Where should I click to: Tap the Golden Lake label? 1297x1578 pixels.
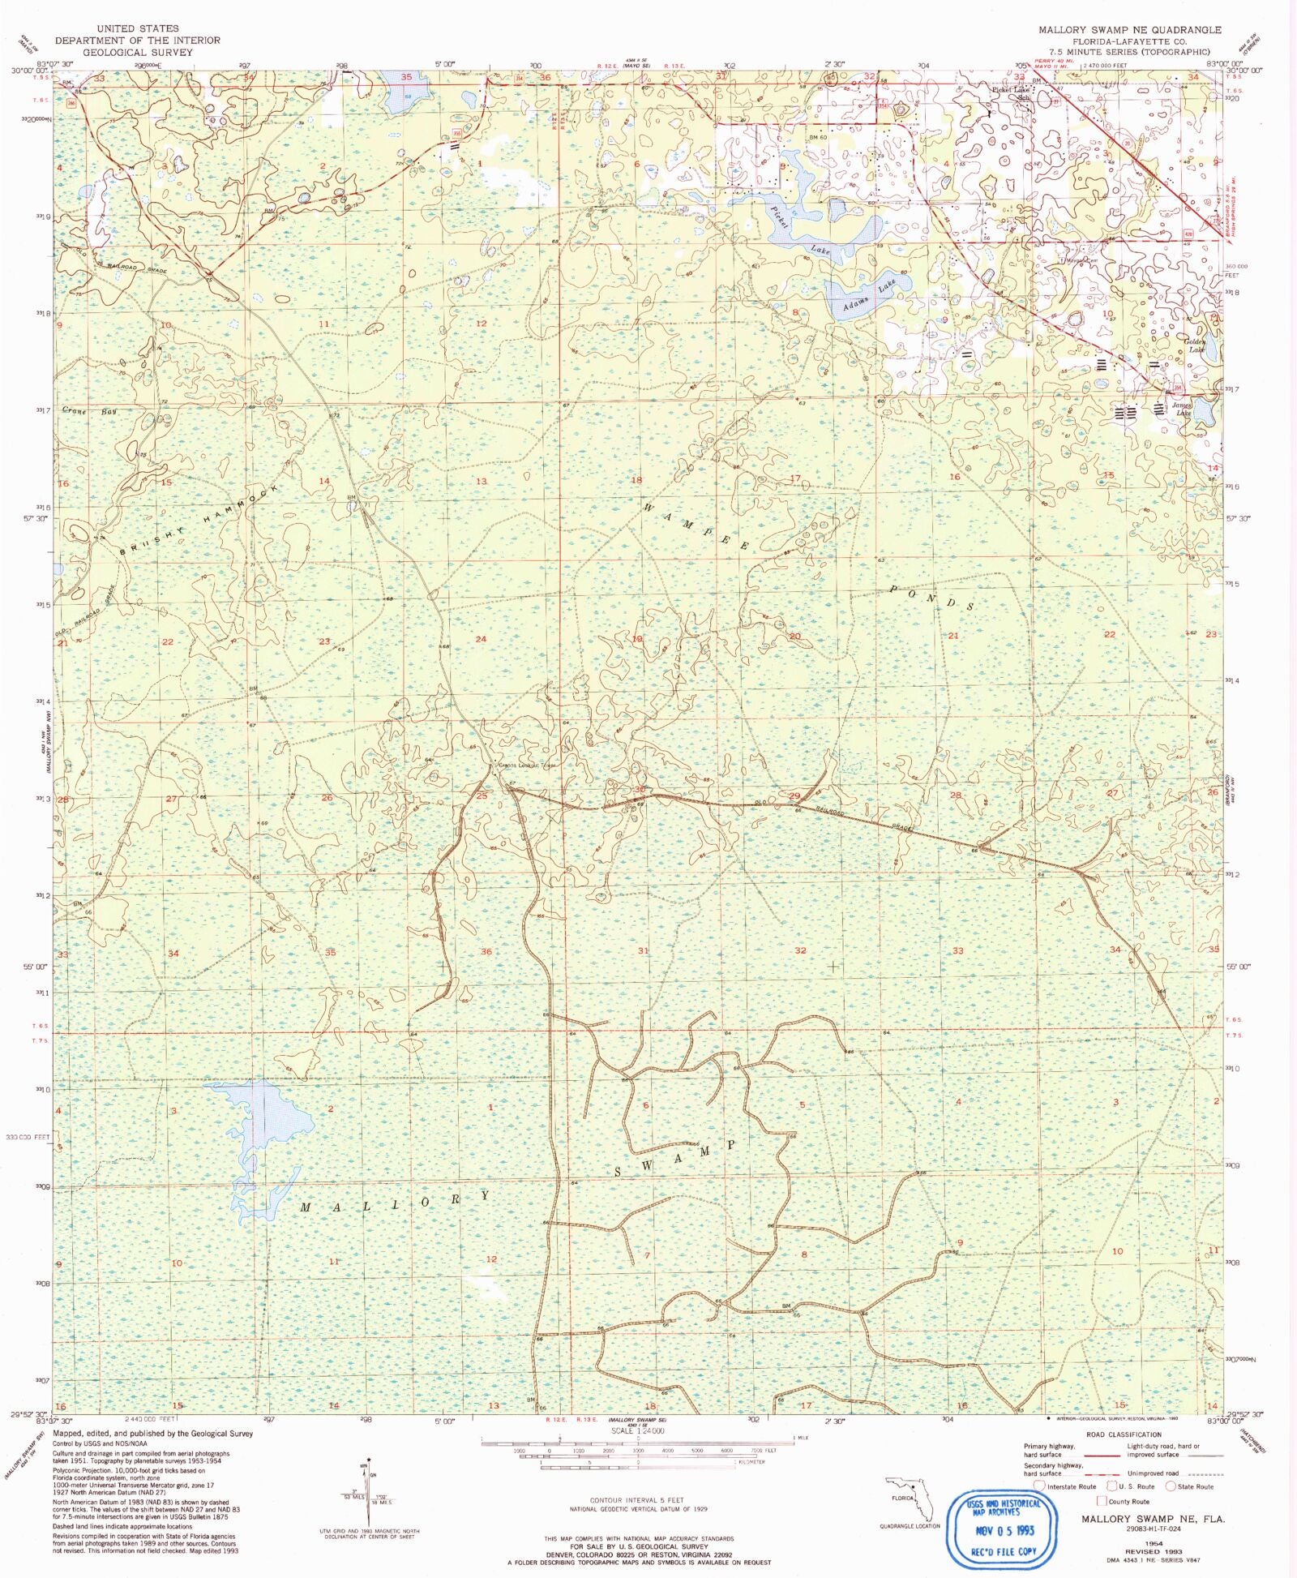pyautogui.click(x=1196, y=345)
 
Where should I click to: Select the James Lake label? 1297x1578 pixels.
pyautogui.click(x=1183, y=409)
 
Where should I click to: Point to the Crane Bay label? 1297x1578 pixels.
pyautogui.click(x=89, y=412)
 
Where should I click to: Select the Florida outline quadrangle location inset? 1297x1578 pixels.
pyautogui.click(x=911, y=1503)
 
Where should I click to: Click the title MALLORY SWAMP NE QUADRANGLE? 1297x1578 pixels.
pyautogui.click(x=1130, y=30)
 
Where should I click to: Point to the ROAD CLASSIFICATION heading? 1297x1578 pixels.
pyautogui.click(x=1124, y=1434)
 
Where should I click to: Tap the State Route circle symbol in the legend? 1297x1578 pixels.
pyautogui.click(x=1171, y=1486)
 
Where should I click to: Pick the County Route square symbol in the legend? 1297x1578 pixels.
pyautogui.click(x=1102, y=1501)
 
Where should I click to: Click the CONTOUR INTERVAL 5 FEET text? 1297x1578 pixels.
pyautogui.click(x=638, y=1500)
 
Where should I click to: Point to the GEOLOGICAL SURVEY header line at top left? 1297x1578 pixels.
pyautogui.click(x=138, y=52)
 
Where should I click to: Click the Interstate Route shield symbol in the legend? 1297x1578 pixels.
pyautogui.click(x=1040, y=1486)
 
